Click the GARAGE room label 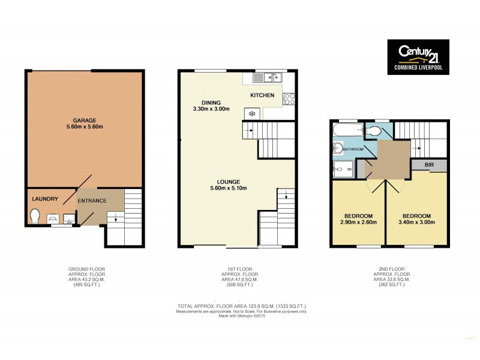(x=85, y=119)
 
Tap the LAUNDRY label (x=45, y=199)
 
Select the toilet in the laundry (x=34, y=215)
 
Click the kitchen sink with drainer (x=266, y=77)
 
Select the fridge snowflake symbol (x=251, y=113)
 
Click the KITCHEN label (x=262, y=95)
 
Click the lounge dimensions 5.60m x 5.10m (x=229, y=188)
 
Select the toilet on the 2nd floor (x=374, y=131)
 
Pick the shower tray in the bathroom (x=343, y=170)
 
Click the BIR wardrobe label (x=428, y=164)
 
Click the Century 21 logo (x=418, y=58)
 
